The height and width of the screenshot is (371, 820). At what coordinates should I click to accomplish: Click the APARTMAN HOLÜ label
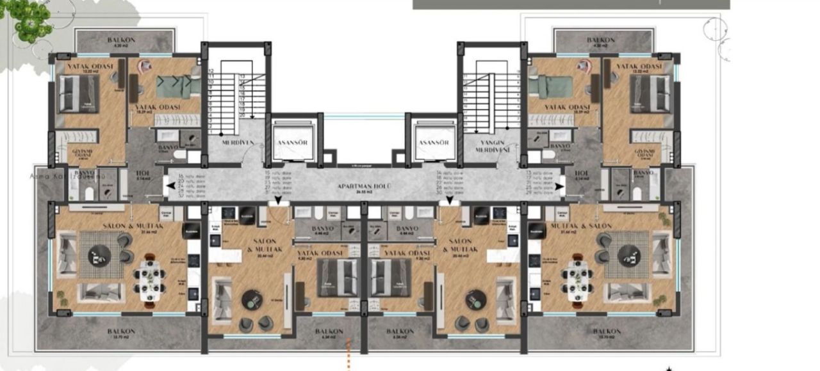365,186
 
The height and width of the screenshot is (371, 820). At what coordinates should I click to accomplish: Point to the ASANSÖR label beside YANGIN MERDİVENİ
432,143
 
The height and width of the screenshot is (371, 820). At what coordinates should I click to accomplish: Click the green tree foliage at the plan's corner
28,19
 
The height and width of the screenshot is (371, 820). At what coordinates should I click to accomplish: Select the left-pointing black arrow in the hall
169,186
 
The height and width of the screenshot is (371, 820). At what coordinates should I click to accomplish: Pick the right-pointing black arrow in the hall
560,186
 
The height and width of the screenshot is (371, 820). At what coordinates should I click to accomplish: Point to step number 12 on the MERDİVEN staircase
211,71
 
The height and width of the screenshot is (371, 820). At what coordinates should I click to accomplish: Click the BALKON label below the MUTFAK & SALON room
606,331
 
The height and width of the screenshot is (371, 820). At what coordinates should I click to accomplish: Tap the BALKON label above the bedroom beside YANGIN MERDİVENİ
600,40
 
